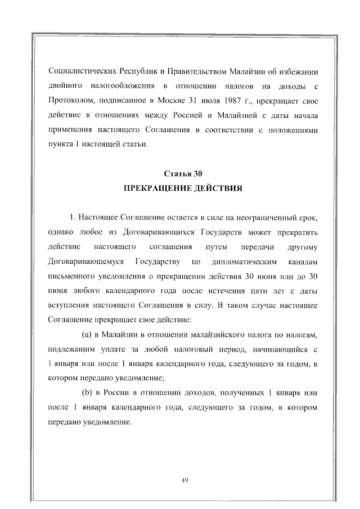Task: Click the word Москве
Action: (x=173, y=102)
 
